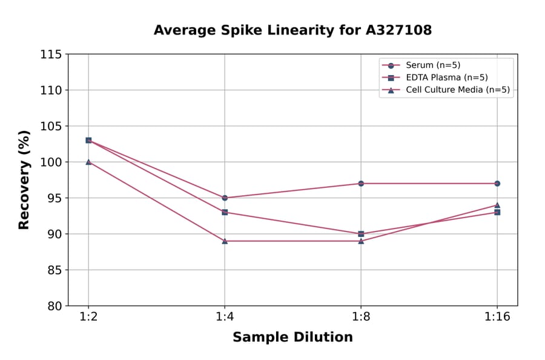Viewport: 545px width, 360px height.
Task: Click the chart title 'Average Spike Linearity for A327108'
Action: click(292, 30)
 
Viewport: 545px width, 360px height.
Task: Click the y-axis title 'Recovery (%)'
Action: click(24, 180)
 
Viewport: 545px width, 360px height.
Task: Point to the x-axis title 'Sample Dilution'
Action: click(292, 338)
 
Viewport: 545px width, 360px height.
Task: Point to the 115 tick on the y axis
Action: click(51, 55)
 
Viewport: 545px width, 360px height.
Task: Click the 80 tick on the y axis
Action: click(54, 306)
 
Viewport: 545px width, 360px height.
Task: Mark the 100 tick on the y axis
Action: click(51, 162)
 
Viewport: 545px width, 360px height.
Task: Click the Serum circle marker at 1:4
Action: click(225, 198)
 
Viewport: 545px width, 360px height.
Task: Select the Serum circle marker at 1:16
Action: click(497, 183)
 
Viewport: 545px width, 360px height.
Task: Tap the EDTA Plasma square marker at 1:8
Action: click(361, 234)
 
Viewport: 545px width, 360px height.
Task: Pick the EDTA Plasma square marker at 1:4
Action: click(225, 212)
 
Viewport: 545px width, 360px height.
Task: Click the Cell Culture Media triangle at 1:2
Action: click(88, 162)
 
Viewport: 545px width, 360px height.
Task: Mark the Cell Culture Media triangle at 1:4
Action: click(225, 241)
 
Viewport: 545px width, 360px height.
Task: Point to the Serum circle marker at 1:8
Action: click(361, 183)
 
